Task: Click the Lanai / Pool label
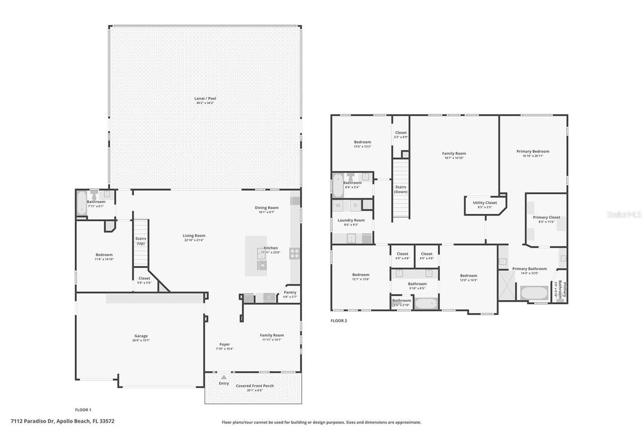coord(205,99)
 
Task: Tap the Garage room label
coord(141,336)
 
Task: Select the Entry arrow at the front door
coord(224,377)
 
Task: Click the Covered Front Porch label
coord(255,386)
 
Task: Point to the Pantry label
coord(290,292)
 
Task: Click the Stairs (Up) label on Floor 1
coord(141,241)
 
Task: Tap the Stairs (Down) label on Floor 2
coord(400,189)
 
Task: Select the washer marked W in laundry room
coord(338,205)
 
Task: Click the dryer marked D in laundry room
coord(355,205)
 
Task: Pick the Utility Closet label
coord(485,203)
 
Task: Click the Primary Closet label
coord(546,217)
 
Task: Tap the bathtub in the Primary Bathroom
coord(533,293)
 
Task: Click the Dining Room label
coord(266,208)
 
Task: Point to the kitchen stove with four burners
coord(294,253)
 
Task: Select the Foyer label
coord(224,345)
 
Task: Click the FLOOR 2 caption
coord(339,320)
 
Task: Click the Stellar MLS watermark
coord(624,214)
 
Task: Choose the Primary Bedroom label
coord(532,151)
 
